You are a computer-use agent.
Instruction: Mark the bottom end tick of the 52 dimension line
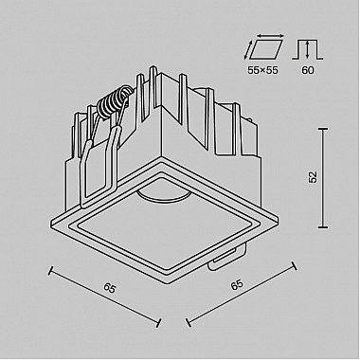coord(324,228)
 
